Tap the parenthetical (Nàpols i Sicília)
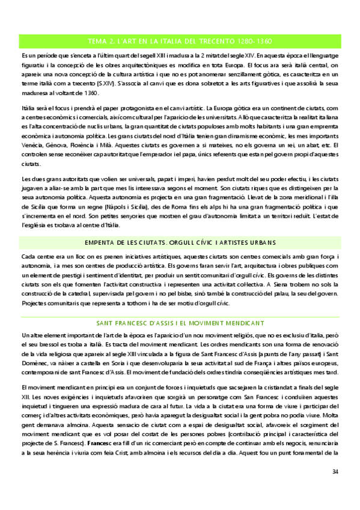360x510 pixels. (x=120, y=206)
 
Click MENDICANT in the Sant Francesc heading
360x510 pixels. (x=242, y=323)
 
